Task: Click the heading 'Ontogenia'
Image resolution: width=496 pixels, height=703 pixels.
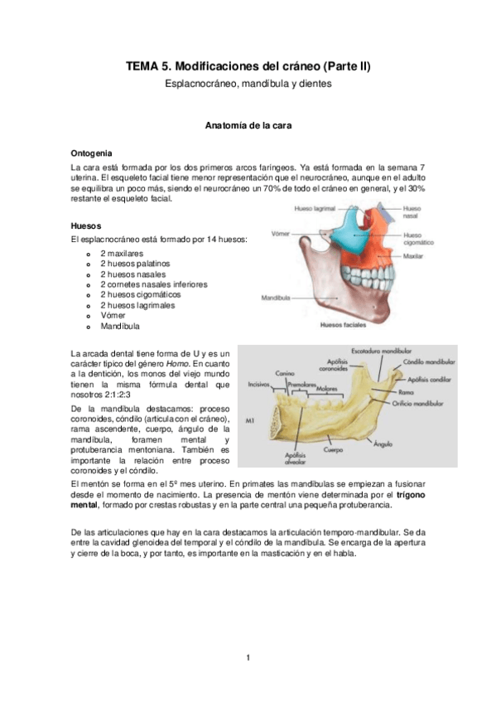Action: click(93, 153)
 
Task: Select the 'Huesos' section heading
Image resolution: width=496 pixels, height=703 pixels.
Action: click(87, 224)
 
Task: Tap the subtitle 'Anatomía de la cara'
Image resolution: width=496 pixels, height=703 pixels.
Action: click(248, 125)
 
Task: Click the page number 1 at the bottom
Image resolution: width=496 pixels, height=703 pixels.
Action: click(248, 658)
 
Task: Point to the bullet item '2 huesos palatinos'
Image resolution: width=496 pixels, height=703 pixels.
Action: click(135, 263)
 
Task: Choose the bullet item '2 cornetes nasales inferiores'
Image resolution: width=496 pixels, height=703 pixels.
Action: click(153, 284)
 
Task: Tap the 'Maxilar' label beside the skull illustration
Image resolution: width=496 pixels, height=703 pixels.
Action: click(414, 257)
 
